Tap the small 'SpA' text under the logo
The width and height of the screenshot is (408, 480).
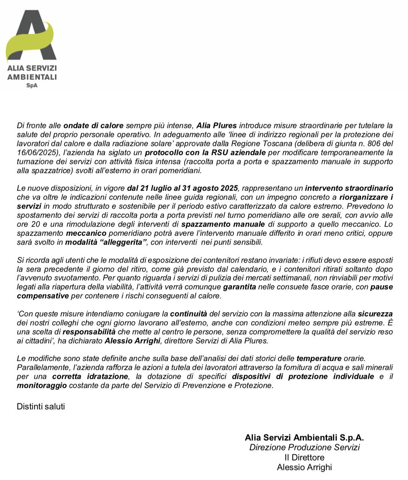(x=32, y=85)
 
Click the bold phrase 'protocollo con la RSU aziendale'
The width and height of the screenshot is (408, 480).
(x=205, y=152)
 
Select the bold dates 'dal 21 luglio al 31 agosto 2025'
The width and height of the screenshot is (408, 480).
(x=183, y=188)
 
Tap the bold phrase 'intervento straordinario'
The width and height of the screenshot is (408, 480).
(x=349, y=188)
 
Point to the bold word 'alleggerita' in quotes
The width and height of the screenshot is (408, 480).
(x=124, y=242)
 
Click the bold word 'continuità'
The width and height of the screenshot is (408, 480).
(x=188, y=313)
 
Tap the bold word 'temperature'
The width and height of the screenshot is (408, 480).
(x=319, y=358)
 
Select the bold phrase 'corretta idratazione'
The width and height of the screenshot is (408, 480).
(x=90, y=376)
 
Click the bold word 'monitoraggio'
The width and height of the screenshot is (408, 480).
(x=42, y=385)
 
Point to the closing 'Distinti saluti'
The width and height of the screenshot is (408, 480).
(x=41, y=406)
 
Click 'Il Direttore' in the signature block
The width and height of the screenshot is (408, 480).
(x=304, y=457)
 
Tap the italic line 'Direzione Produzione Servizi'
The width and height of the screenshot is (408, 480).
(x=304, y=447)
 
